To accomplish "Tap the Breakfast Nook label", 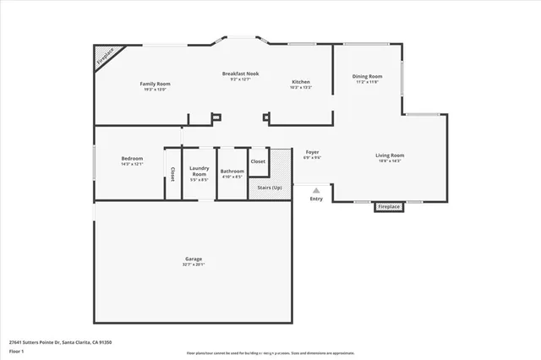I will coord(240,74).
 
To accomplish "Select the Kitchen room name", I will coord(301,82).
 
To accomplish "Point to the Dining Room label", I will coord(367,77).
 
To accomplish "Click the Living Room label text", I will coord(390,155).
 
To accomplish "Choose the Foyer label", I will coord(312,152).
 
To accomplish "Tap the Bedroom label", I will coord(132,158).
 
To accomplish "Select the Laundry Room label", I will coord(199,171).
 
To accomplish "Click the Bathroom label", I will coord(232,171).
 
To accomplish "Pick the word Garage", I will coord(194,258).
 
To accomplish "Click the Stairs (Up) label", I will coord(270,187).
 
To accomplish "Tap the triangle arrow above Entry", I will coord(316,190).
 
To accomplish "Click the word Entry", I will coord(316,199).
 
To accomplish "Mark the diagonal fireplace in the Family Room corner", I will coord(103,57).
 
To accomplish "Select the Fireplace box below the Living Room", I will coord(388,206).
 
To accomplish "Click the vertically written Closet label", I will coord(172,173).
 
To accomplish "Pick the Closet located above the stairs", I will coord(258,161).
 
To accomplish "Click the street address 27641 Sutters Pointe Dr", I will coord(60,341).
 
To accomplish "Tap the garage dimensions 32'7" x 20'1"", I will coord(194,265).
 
